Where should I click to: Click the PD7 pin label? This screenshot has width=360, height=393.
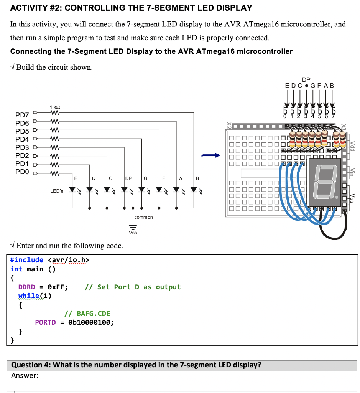click(x=22, y=115)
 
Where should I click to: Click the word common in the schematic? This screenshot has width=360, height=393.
click(x=144, y=217)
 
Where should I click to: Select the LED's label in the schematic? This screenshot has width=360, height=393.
click(x=57, y=191)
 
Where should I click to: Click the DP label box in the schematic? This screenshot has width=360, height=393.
click(x=128, y=178)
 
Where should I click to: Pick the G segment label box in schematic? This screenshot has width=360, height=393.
click(x=146, y=178)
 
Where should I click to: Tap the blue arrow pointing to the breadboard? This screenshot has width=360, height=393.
click(x=211, y=155)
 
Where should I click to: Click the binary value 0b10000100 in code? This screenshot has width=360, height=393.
click(x=91, y=322)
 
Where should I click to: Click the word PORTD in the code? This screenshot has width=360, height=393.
click(x=45, y=322)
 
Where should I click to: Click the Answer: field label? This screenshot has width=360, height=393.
click(x=25, y=376)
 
